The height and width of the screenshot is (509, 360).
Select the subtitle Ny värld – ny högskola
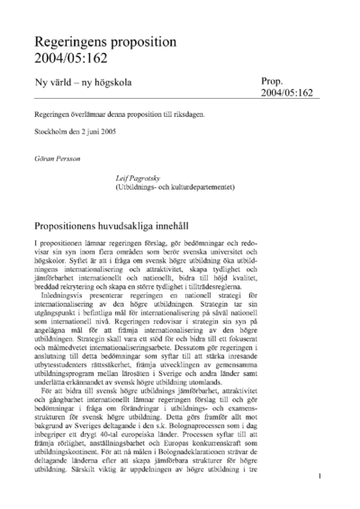pyautogui.click(x=81, y=84)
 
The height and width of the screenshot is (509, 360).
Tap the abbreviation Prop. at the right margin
pyautogui.click(x=273, y=81)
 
